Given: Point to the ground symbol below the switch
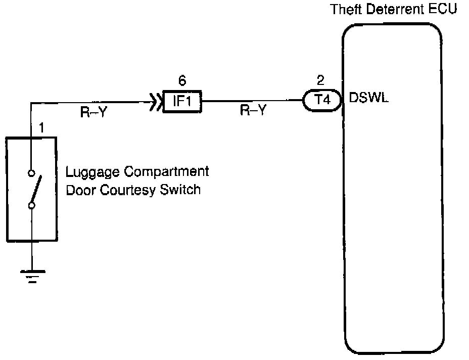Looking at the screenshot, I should tap(31, 276).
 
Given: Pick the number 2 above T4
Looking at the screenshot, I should tap(319, 80).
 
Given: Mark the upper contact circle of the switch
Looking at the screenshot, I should tap(31, 174).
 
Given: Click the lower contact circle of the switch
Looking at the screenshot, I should tap(31, 205).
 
